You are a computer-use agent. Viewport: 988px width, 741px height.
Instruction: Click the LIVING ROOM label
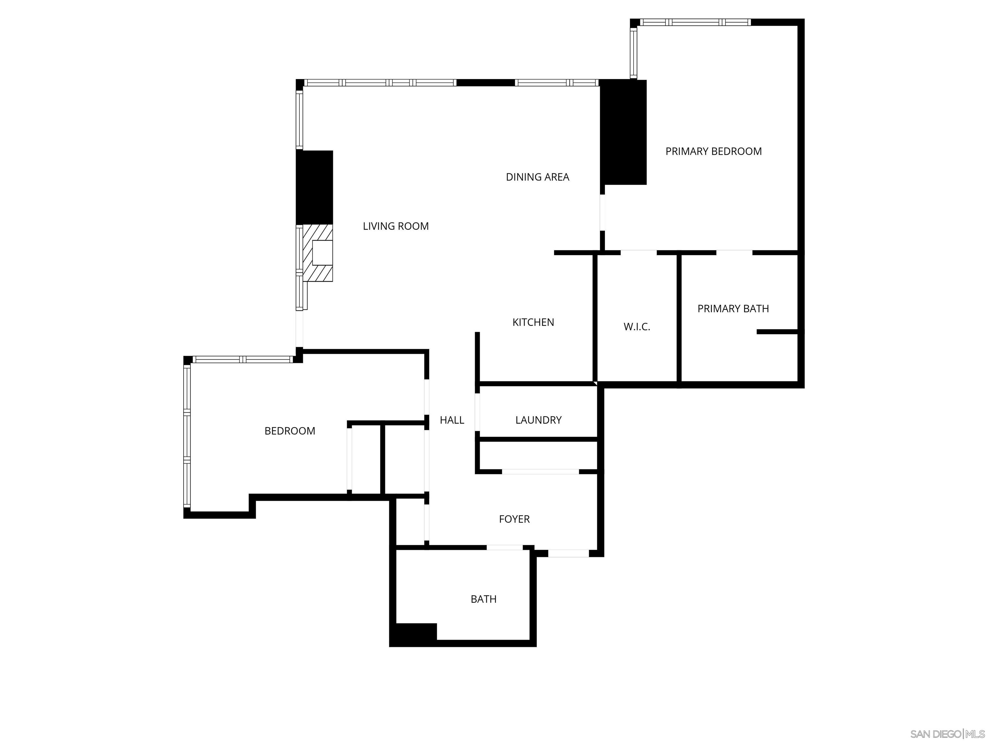tap(395, 226)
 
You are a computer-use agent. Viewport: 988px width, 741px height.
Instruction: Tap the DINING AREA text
tap(537, 177)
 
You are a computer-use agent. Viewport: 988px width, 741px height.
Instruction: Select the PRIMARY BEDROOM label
tap(713, 151)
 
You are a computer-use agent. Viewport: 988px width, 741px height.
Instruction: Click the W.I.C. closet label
tap(636, 327)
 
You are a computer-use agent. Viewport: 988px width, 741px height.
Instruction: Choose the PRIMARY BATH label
tap(733, 309)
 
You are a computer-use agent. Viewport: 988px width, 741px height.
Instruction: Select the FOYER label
tap(514, 519)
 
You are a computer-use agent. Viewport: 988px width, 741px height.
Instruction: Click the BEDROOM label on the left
tap(289, 431)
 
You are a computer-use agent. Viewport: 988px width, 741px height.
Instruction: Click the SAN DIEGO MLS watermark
tap(947, 734)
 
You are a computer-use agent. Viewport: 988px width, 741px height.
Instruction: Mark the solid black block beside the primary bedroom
tap(623, 132)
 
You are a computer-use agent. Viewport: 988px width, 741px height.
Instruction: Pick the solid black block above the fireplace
tap(315, 187)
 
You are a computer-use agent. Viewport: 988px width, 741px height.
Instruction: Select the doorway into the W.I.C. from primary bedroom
tap(638, 253)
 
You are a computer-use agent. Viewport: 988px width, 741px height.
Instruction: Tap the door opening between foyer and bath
tap(504, 548)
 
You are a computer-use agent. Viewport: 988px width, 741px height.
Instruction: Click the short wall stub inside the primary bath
tap(777, 332)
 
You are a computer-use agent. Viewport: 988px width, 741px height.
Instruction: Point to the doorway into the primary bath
tap(734, 253)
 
